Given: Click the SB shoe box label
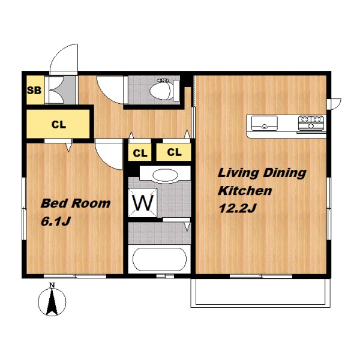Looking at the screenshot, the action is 34,90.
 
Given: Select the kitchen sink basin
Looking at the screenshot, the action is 265,123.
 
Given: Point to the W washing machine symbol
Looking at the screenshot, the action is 143,203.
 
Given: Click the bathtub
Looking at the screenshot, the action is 160,259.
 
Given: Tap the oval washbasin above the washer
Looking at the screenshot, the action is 166,176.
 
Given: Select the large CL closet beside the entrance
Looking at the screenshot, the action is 58,124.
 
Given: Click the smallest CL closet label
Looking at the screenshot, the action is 140,153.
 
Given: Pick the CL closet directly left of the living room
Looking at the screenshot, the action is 173,152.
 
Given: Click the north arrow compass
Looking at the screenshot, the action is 52,301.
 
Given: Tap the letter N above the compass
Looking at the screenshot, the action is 52,285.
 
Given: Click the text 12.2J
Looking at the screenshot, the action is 238,208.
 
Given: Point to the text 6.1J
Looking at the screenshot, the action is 55,221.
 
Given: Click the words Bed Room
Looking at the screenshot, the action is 76,203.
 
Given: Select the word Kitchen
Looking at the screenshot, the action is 245,191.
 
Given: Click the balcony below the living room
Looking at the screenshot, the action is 261,293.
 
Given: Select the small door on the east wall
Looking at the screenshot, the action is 334,104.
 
